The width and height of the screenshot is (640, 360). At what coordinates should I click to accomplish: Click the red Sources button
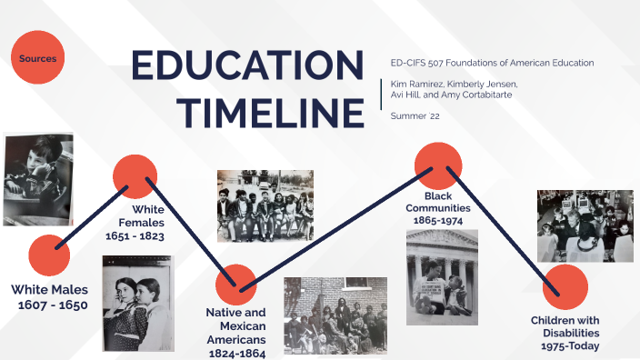tap(38, 59)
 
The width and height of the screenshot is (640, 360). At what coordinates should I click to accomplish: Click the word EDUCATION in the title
tap(246, 67)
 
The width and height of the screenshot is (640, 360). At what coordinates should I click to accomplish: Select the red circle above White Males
tap(49, 255)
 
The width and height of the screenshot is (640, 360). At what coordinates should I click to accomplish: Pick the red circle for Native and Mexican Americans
tap(235, 285)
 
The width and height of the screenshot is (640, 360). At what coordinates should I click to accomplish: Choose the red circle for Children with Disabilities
tap(565, 287)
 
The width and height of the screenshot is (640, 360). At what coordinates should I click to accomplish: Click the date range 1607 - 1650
tap(53, 305)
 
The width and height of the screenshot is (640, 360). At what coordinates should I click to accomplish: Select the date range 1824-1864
tap(236, 353)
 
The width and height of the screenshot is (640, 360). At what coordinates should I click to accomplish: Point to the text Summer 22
tap(415, 115)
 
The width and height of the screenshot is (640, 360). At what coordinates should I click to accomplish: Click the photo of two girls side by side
tap(137, 304)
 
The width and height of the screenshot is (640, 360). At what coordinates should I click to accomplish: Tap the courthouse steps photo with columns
tap(442, 277)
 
